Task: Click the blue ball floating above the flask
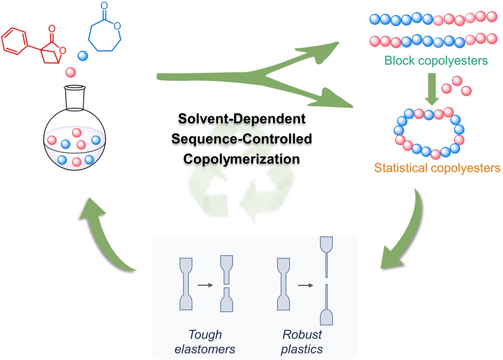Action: coord(83,56)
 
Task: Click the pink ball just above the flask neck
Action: coord(71,71)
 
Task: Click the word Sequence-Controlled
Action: coord(241,139)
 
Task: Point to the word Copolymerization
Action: coord(241,158)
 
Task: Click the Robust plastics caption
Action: coord(302,342)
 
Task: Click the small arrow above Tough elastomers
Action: coord(205,285)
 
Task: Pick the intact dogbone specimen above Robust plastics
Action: coord(283,285)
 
